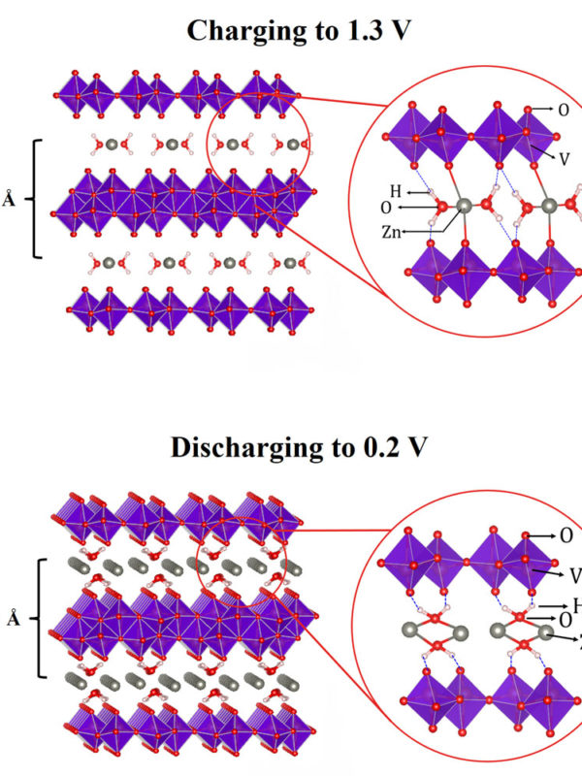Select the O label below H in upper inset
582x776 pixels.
(x=387, y=208)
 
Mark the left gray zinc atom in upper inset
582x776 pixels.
(x=464, y=206)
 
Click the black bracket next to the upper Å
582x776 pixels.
(x=38, y=199)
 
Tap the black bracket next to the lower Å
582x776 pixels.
(x=38, y=617)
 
